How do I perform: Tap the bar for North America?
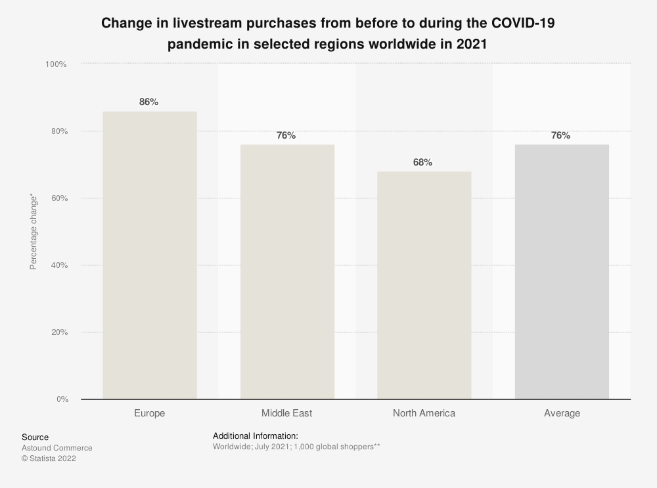(x=424, y=285)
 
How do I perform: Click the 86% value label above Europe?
(x=148, y=102)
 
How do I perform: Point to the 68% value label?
(x=422, y=162)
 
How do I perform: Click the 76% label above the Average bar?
(x=560, y=135)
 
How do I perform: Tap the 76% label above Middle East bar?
(x=286, y=135)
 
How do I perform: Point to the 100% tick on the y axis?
(x=56, y=64)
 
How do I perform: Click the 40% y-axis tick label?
(x=58, y=265)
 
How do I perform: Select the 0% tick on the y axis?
(x=60, y=399)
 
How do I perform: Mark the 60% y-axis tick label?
(x=58, y=198)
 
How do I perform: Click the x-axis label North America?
(x=424, y=413)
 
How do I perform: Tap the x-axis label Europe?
(x=150, y=413)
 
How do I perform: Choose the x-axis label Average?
(x=562, y=413)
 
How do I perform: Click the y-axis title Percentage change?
(x=33, y=231)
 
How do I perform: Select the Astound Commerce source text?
(x=57, y=448)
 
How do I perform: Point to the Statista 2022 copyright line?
(x=49, y=458)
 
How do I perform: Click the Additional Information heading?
(x=256, y=435)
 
